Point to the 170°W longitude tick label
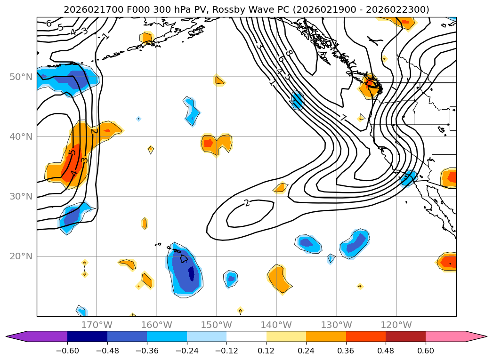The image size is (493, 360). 97,325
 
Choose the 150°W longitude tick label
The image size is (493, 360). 217,325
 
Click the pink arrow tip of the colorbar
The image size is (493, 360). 480,336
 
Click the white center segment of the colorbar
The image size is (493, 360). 246,336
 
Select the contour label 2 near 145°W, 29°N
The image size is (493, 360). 246,203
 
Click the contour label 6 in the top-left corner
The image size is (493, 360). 48,24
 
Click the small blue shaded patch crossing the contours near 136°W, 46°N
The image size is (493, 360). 298,100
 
